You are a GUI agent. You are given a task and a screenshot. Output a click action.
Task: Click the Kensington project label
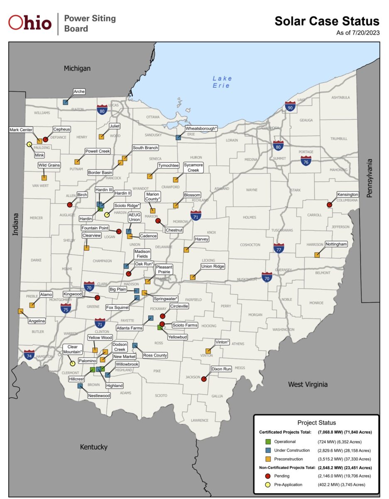pyautogui.click(x=347, y=195)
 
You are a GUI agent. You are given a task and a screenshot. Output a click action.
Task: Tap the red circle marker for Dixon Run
pyautogui.click(x=204, y=378)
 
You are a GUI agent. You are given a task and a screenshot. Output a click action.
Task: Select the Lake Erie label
pyautogui.click(x=222, y=82)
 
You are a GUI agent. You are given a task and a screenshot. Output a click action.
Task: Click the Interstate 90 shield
pyautogui.click(x=290, y=107)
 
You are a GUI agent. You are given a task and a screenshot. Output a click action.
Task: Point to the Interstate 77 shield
pyautogui.click(x=279, y=249)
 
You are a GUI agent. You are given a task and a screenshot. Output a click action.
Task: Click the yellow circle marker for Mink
pyautogui.click(x=29, y=144)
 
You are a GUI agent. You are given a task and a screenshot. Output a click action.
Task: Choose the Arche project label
pyautogui.click(x=79, y=91)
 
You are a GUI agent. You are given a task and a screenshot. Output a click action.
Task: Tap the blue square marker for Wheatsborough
pyautogui.click(x=178, y=137)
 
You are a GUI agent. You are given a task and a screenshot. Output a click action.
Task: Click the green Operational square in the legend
pyautogui.click(x=269, y=442)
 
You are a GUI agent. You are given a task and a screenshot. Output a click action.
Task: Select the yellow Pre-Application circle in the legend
pyautogui.click(x=269, y=484)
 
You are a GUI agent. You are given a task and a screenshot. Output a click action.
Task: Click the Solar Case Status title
pyautogui.click(x=327, y=22)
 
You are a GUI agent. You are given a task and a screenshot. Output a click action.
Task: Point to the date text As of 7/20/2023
pyautogui.click(x=357, y=33)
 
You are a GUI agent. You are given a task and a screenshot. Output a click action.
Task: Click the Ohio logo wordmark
pyautogui.click(x=30, y=23)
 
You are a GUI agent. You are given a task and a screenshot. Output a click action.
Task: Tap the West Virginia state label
pyautogui.click(x=308, y=385)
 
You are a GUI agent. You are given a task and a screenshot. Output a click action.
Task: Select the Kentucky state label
pyautogui.click(x=93, y=447)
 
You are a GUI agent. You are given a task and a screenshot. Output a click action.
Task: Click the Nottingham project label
pyautogui.click(x=336, y=244)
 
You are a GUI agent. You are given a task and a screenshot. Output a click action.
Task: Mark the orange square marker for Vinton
pyautogui.click(x=208, y=351)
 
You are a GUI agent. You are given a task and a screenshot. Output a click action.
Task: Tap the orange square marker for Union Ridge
pyautogui.click(x=193, y=277)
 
